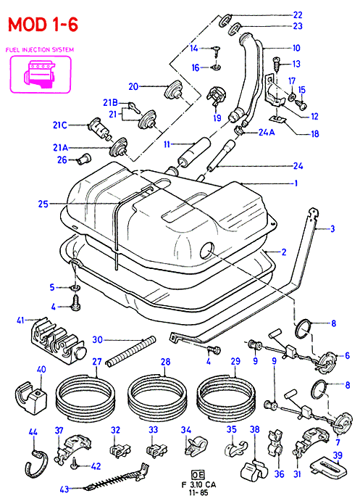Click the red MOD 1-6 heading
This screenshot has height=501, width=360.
click(43, 24)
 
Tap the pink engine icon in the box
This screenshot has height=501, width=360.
click(41, 75)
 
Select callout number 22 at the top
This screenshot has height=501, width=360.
click(298, 15)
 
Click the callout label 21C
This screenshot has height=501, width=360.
click(60, 125)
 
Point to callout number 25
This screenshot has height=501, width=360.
click(43, 204)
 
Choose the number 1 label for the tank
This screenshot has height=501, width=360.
click(296, 183)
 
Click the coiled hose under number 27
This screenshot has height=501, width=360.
click(85, 395)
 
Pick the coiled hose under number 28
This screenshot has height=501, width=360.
click(157, 395)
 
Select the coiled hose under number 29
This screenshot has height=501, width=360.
click(227, 395)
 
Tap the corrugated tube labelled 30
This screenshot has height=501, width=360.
click(131, 351)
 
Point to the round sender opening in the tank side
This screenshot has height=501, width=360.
click(207, 250)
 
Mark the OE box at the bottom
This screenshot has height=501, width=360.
click(198, 474)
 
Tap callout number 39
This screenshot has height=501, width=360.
click(337, 455)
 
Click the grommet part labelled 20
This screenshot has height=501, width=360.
click(174, 89)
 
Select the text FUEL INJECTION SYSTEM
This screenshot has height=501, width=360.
click(40, 49)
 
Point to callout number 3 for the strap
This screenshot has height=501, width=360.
click(332, 228)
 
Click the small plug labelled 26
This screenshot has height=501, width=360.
click(84, 158)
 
